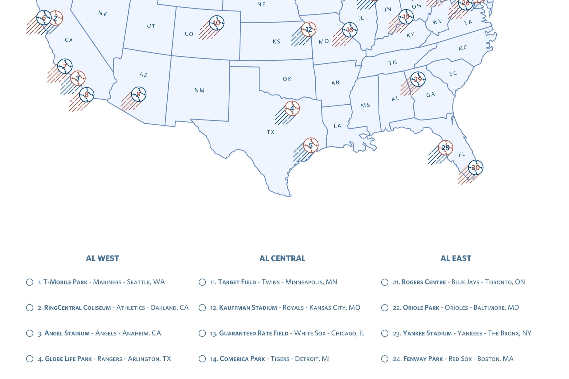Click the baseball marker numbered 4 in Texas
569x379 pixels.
pyautogui.click(x=292, y=108)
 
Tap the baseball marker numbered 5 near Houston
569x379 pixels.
pyautogui.click(x=311, y=145)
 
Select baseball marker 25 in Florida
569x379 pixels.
pyautogui.click(x=445, y=148)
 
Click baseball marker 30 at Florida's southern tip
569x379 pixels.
pyautogui.click(x=475, y=168)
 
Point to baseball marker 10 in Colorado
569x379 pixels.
pyautogui.click(x=217, y=23)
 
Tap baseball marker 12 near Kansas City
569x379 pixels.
pyautogui.click(x=309, y=30)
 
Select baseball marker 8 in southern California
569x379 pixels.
pyautogui.click(x=87, y=95)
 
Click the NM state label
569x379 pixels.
pyautogui.click(x=200, y=90)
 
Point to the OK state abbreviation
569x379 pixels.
pyautogui.click(x=287, y=79)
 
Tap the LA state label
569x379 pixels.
pyautogui.click(x=337, y=126)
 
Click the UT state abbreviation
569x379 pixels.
pyautogui.click(x=151, y=26)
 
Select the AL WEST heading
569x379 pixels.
pyautogui.click(x=102, y=258)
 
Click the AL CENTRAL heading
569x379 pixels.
pyautogui.click(x=282, y=258)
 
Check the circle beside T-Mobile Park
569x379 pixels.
pyautogui.click(x=30, y=282)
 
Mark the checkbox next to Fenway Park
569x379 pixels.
pyautogui.click(x=385, y=359)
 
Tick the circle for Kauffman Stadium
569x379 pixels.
pyautogui.click(x=202, y=308)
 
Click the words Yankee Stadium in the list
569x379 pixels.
pyautogui.click(x=427, y=333)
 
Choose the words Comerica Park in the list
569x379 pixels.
pyautogui.click(x=242, y=359)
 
